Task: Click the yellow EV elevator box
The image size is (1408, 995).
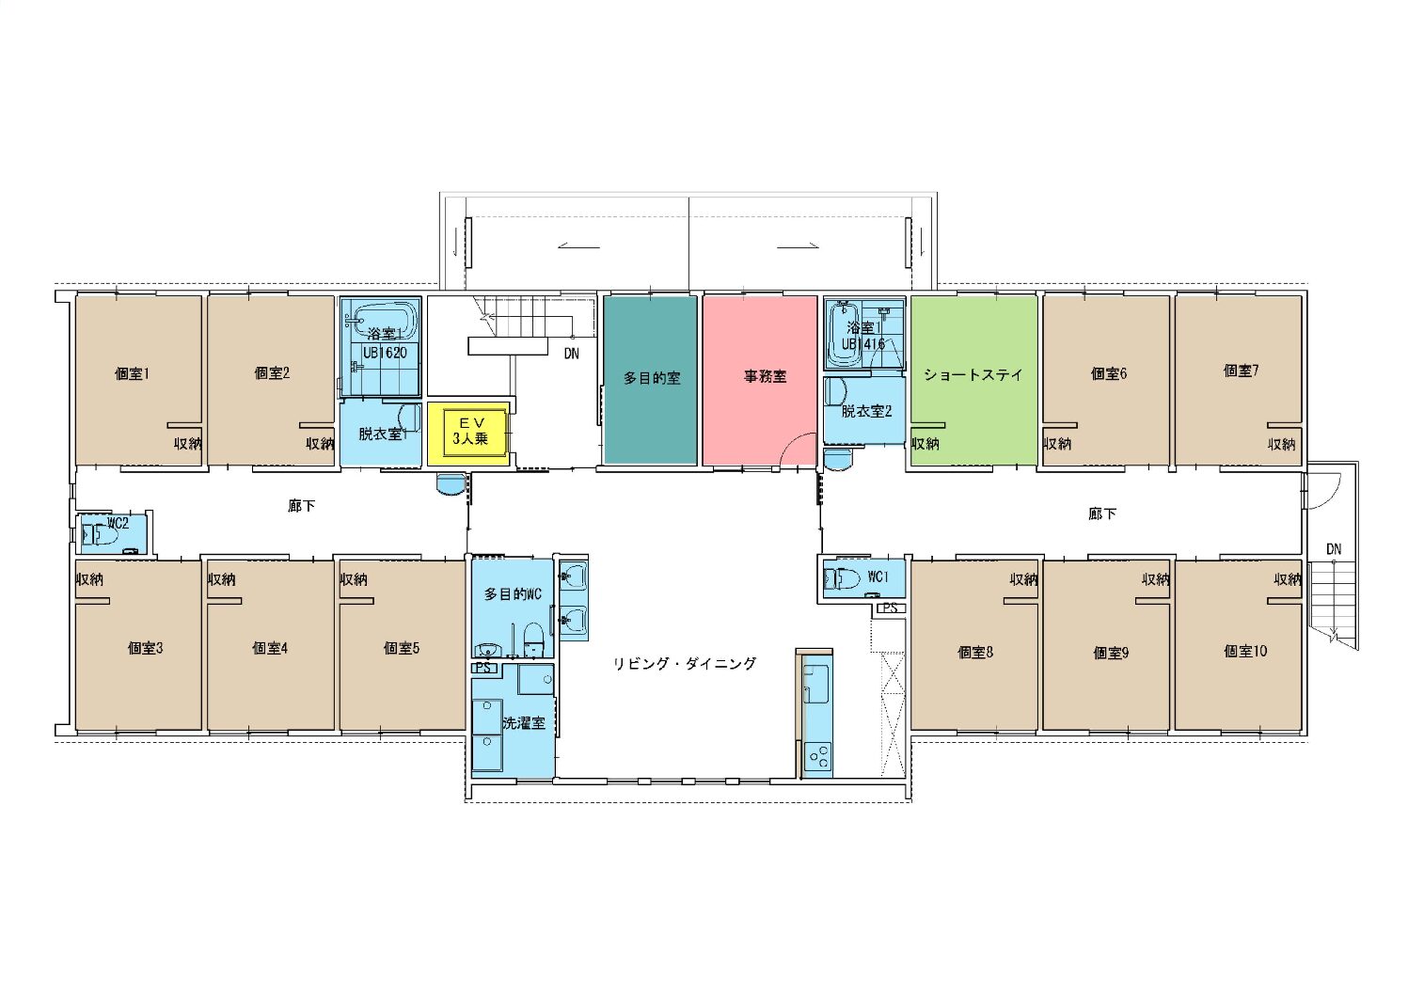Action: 468,433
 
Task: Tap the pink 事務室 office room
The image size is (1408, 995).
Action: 759,380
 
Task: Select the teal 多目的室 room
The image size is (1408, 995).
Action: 650,380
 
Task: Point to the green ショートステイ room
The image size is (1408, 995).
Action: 973,380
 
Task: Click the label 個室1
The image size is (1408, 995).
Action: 132,374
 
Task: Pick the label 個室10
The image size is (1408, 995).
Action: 1245,651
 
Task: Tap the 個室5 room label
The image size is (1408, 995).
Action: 401,648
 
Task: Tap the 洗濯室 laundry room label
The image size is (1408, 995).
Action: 524,723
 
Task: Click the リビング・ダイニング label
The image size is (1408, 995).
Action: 685,664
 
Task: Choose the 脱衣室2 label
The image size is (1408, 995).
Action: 866,412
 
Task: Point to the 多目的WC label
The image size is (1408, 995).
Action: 513,594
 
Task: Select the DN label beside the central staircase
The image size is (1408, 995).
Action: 571,354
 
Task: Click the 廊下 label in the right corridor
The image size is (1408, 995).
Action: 1102,513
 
